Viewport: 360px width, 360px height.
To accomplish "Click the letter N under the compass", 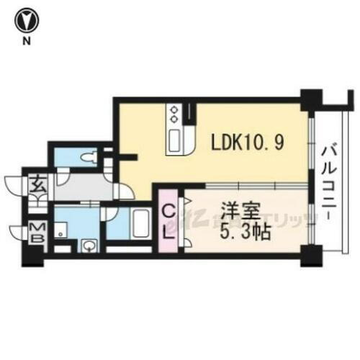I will point(27,41).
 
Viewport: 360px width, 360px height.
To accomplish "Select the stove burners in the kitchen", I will point(175,113).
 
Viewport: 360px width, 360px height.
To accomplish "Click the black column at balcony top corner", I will point(310,98).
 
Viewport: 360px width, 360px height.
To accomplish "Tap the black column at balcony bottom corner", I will point(310,253).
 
